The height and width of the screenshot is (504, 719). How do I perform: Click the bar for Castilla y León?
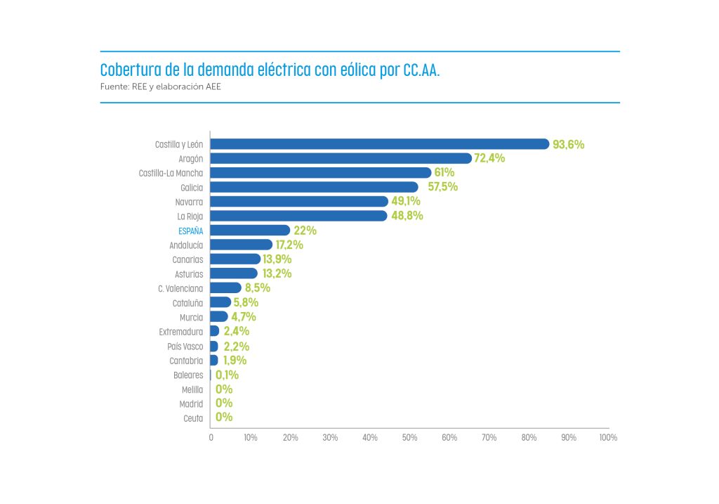(x=379, y=144)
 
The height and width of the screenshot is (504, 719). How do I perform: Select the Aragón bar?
(x=341, y=158)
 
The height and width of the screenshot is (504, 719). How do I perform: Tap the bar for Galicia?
(x=314, y=187)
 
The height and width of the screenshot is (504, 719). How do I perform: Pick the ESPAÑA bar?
(x=250, y=231)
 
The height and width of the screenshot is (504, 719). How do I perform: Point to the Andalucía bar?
(x=241, y=245)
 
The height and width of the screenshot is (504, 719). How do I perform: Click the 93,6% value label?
(x=569, y=144)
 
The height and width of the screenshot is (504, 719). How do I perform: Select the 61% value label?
(x=444, y=172)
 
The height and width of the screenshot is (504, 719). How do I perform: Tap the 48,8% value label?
(x=407, y=216)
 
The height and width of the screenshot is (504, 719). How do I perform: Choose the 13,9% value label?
(x=277, y=259)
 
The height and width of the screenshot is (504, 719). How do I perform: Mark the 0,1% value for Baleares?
(x=227, y=375)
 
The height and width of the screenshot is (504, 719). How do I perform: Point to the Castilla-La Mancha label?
(x=171, y=173)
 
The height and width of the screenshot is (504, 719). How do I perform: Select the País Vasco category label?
(x=185, y=346)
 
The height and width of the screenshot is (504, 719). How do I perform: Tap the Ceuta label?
(x=193, y=418)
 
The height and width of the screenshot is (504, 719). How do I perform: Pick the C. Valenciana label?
(x=181, y=288)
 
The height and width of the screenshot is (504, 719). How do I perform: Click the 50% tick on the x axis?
(x=409, y=437)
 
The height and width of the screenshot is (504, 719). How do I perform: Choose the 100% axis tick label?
(x=608, y=437)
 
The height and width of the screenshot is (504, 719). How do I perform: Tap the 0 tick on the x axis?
(x=211, y=437)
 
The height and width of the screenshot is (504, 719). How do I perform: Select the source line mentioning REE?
(x=161, y=87)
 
